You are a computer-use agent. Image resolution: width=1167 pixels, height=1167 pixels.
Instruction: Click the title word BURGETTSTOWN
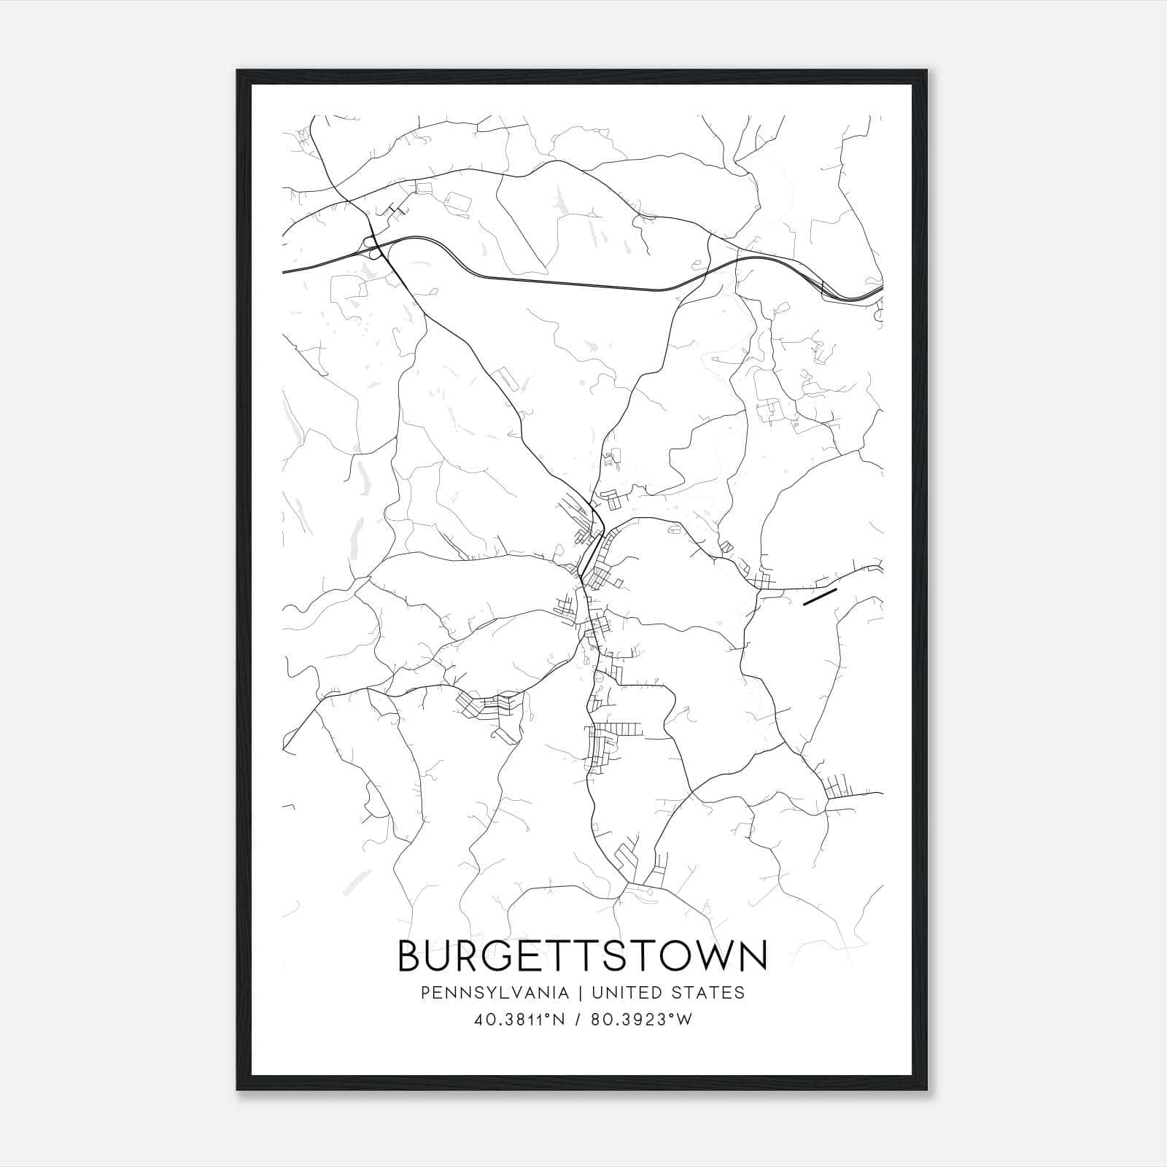click(x=582, y=955)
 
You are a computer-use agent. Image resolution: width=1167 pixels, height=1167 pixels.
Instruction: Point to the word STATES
click(x=708, y=993)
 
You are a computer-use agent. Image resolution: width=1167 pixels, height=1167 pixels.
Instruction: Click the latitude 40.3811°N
click(x=519, y=1020)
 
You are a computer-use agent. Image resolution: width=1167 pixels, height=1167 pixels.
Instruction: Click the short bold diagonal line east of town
click(x=818, y=597)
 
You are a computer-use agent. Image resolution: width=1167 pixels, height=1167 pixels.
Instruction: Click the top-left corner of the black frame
click(x=239, y=71)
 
